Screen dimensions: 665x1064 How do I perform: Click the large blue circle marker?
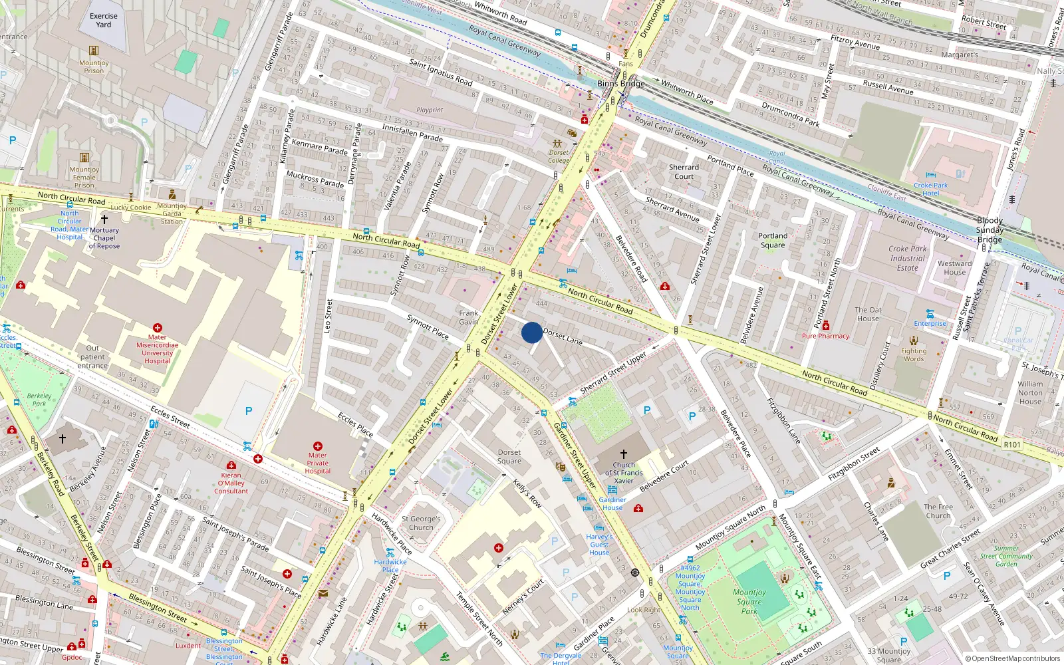[x=532, y=332]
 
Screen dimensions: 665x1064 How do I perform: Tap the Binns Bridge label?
[x=620, y=84]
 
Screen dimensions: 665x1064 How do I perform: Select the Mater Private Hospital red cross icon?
[x=318, y=447]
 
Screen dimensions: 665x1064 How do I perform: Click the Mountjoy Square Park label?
[x=749, y=601]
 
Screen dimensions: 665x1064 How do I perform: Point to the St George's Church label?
[x=421, y=523]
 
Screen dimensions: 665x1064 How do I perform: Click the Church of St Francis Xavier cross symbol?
[x=624, y=454]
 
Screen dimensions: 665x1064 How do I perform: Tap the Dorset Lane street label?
[x=563, y=336]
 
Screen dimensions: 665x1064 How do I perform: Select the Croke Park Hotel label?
[x=930, y=190]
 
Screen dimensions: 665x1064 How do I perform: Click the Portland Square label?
[x=773, y=240]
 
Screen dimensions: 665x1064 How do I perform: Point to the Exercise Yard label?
[x=104, y=20]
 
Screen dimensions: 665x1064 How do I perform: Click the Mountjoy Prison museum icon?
[x=94, y=51]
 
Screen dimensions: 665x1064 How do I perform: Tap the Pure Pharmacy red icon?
[x=826, y=326]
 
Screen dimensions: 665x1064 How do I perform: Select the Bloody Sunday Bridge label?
[x=990, y=229]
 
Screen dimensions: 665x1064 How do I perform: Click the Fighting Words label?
[x=914, y=354]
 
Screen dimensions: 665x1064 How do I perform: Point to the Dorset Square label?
[x=509, y=456]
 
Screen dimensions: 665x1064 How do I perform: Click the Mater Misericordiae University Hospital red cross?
[x=158, y=328]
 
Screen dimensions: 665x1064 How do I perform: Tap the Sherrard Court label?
[x=684, y=172]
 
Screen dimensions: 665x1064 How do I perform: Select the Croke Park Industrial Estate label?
[x=908, y=258]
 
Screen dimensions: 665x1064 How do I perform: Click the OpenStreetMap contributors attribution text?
[x=1012, y=658]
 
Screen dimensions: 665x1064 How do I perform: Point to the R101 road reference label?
[x=1012, y=445]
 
